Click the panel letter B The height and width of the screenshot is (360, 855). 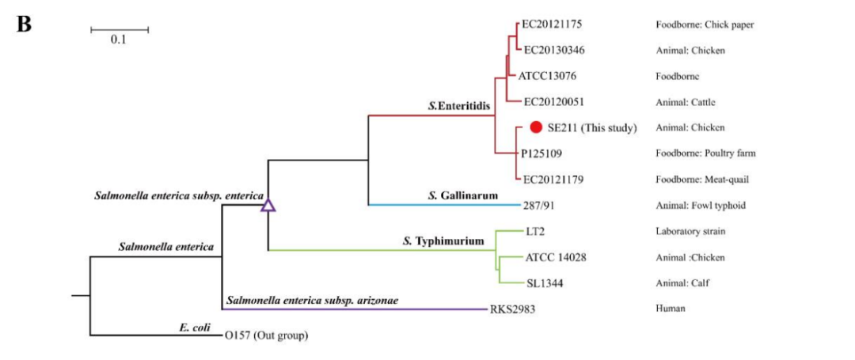[x=24, y=25]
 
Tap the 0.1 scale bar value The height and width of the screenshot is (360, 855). [x=119, y=40]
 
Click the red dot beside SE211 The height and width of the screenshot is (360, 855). [x=536, y=127]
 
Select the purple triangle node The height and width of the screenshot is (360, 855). [x=268, y=206]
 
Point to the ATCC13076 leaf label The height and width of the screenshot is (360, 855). [x=547, y=77]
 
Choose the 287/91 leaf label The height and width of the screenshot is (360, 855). [x=535, y=206]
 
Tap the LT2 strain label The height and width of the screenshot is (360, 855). [x=536, y=231]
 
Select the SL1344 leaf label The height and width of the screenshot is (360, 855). [x=545, y=283]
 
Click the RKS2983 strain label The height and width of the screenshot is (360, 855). [x=513, y=309]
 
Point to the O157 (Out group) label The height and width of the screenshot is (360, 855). [x=267, y=335]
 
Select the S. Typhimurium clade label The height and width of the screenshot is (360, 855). [x=443, y=241]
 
